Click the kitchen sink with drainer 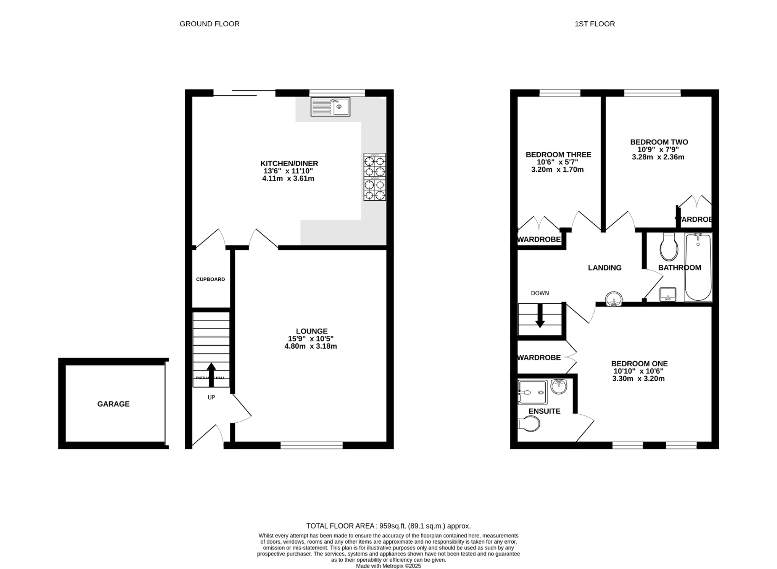coord(330,107)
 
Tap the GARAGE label coord(113,404)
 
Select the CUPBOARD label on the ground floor coord(211,279)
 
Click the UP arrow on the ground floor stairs coord(211,374)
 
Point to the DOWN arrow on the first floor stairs coord(540,316)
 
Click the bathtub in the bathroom coord(698,267)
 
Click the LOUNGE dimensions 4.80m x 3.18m coord(311,346)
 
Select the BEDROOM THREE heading coord(558,154)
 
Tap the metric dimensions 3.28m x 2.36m coord(658,157)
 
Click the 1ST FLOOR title coord(595,24)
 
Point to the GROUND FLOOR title coord(209,24)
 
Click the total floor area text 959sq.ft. coord(388,526)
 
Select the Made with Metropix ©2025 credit coord(388,566)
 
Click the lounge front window coord(311,445)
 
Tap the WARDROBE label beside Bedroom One coord(539,357)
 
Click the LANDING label coord(604,268)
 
